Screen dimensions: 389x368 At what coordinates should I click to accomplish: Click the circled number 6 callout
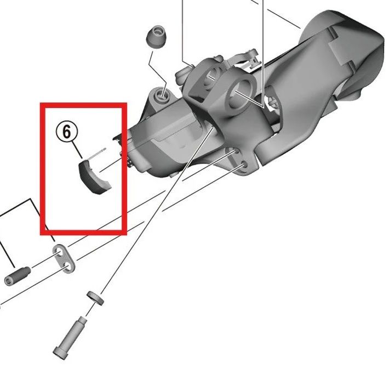[x=66, y=132]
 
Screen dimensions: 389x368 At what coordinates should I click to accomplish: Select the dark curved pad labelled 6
[x=93, y=177]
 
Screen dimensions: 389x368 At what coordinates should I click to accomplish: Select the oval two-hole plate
[x=64, y=258]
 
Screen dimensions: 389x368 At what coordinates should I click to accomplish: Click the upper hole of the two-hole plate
[x=60, y=253]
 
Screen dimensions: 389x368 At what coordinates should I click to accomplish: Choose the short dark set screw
[x=18, y=276]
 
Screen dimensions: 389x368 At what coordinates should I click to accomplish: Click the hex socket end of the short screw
[x=8, y=281]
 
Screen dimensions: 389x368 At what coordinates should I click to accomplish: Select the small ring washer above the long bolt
[x=95, y=297]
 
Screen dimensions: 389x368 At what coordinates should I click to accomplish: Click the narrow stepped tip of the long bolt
[x=83, y=320]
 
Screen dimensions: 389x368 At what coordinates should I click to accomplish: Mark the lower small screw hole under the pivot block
[x=244, y=164]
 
